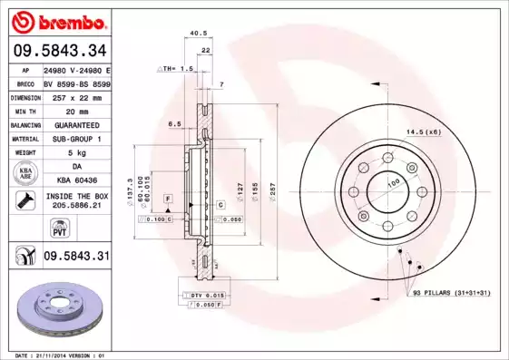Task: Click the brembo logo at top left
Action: [x=59, y=21]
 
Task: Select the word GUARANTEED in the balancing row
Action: [x=76, y=124]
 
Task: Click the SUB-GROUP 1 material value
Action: [x=76, y=139]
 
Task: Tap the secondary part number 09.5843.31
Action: [x=76, y=257]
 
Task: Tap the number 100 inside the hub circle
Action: [x=393, y=184]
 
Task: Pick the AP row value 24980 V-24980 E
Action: [x=76, y=69]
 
